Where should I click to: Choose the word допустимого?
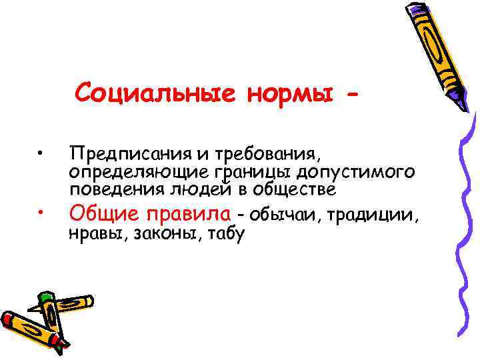357,173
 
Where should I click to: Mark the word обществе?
295,189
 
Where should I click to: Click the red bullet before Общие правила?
41,213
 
